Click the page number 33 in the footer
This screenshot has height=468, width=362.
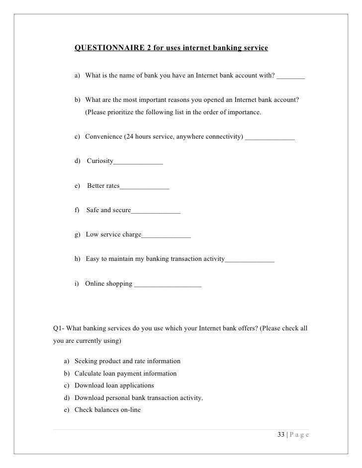[281, 436]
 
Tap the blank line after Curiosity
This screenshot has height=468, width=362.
[138, 163]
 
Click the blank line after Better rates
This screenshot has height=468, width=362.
[145, 188]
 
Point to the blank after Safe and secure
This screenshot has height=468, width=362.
[156, 212]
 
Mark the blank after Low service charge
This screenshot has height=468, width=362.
[166, 236]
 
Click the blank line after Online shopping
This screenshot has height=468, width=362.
[168, 286]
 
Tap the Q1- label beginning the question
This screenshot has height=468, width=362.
[59, 328]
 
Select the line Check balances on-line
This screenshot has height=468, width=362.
[107, 410]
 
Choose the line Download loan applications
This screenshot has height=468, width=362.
[114, 385]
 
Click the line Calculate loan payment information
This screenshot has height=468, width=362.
[125, 373]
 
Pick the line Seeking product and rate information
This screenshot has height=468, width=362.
[127, 361]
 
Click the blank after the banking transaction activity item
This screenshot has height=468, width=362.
[250, 261]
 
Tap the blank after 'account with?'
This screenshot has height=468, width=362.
[291, 78]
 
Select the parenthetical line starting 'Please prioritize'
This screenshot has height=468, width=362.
[173, 112]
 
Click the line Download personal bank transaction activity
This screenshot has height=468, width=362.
[139, 398]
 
